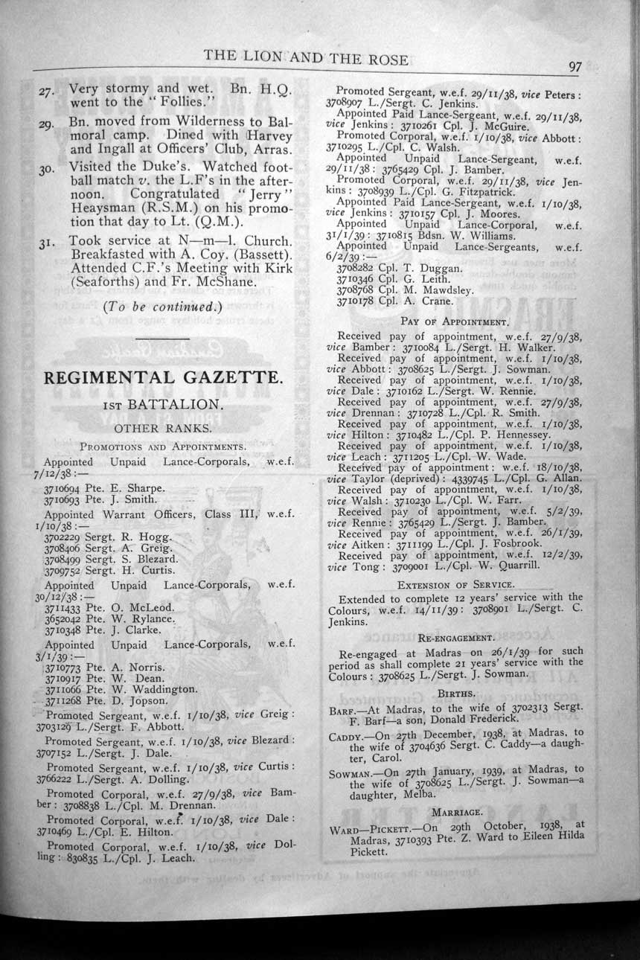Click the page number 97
tap(575, 66)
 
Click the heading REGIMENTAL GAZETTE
tap(164, 377)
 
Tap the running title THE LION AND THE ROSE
tap(305, 60)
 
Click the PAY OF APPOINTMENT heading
tap(454, 322)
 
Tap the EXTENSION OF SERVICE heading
tap(455, 584)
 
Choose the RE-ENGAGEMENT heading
tap(455, 638)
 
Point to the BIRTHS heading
tap(456, 693)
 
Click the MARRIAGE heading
tap(456, 812)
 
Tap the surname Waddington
tap(164, 689)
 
